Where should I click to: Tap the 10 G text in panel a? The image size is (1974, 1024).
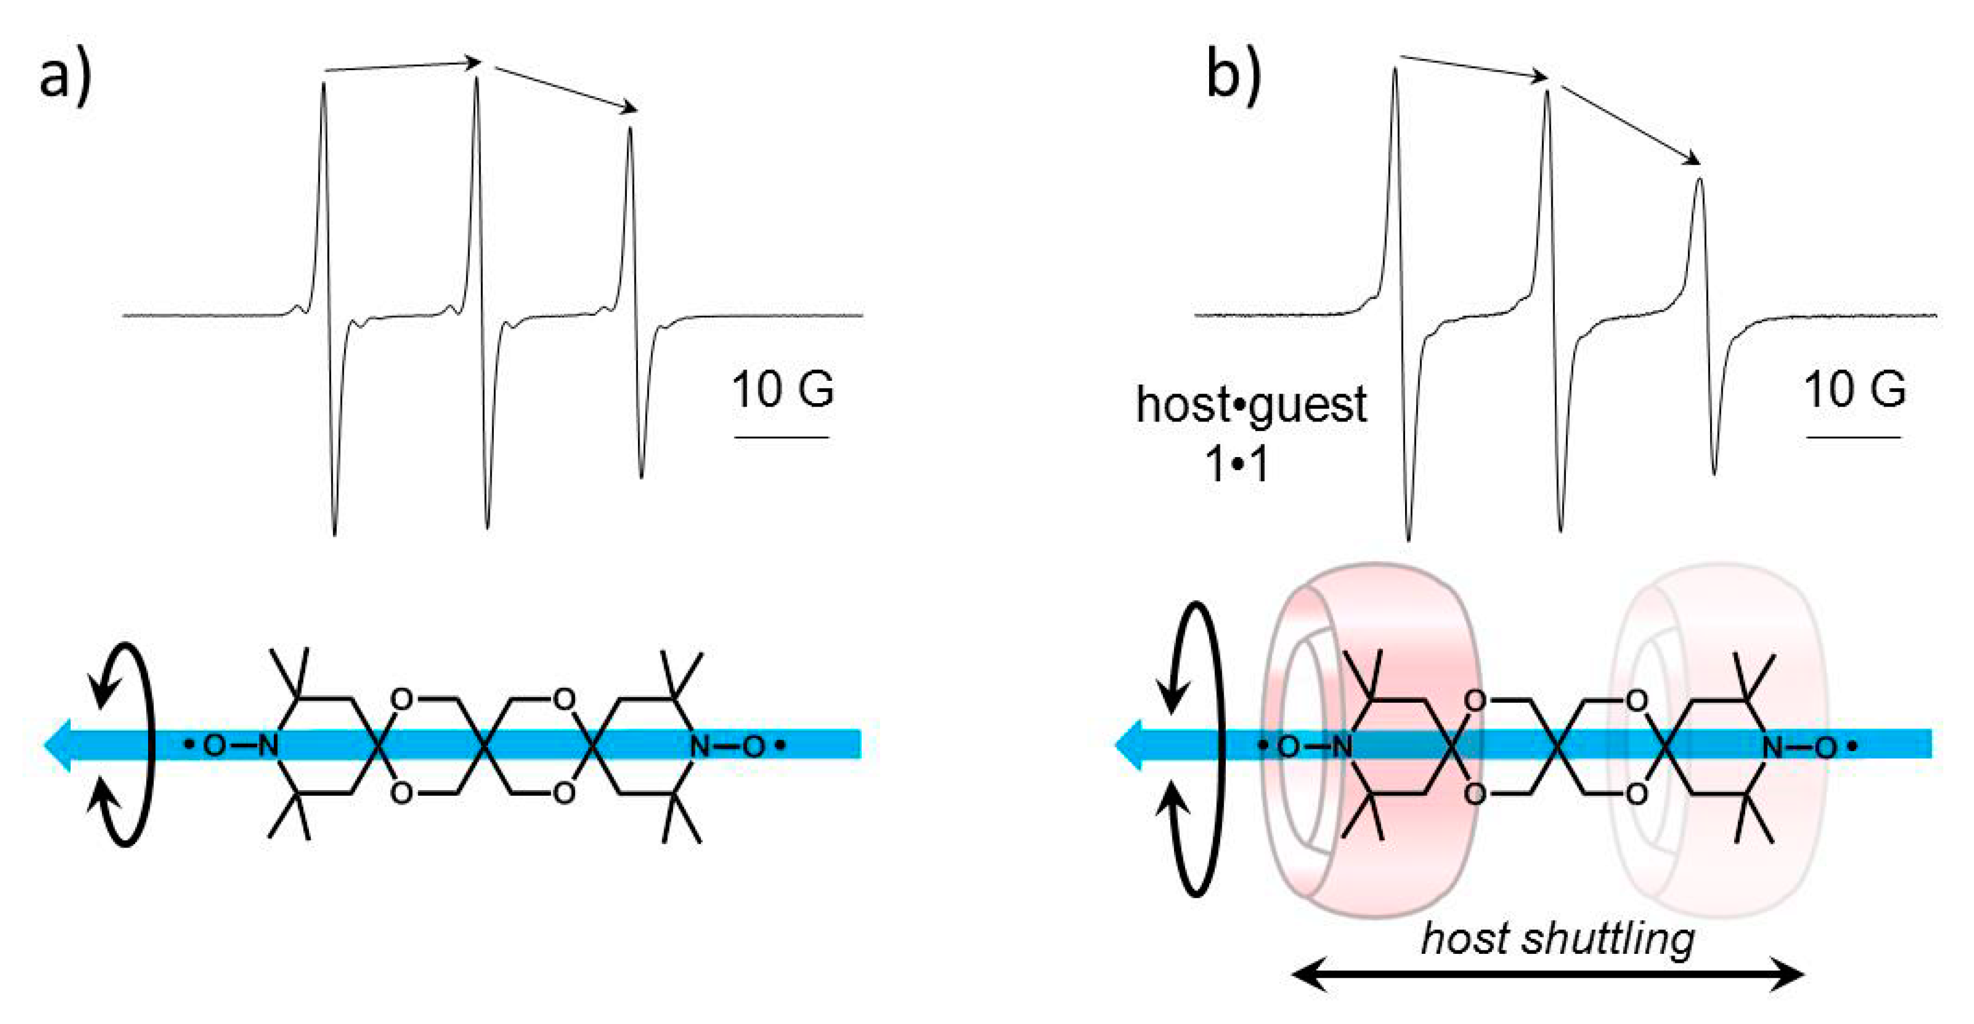782,389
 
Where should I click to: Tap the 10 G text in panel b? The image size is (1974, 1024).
1854,389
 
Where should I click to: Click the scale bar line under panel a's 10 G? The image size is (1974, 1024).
782,438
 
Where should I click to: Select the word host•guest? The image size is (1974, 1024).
1251,405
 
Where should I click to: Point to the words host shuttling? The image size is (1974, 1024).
1557,939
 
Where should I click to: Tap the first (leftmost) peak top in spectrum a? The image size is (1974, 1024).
323,84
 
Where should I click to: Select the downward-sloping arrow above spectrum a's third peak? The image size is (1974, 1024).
566,89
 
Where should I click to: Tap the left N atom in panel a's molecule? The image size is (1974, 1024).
267,746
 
